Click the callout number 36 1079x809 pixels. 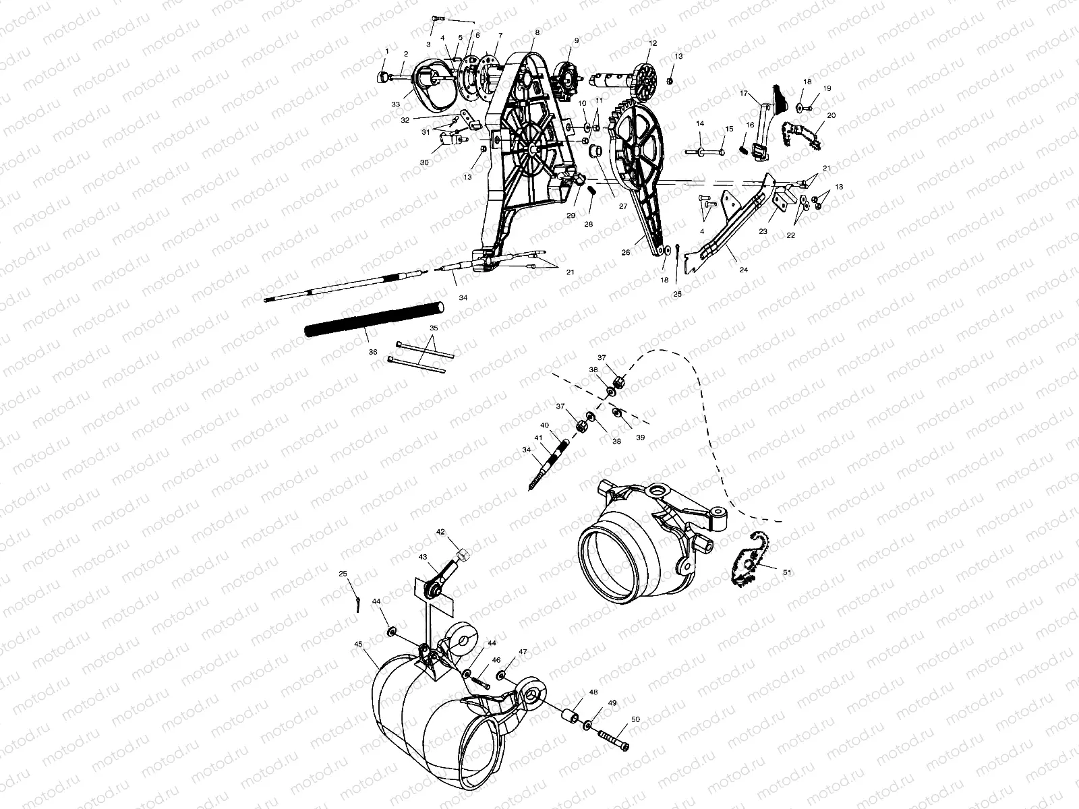coord(372,352)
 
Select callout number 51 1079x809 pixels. coord(788,572)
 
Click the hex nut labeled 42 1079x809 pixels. coord(463,556)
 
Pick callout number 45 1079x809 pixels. coord(357,643)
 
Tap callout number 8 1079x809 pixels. coord(537,32)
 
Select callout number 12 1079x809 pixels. coord(652,43)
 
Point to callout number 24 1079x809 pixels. coord(744,269)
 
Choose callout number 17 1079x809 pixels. coord(744,94)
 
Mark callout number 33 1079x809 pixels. coord(396,104)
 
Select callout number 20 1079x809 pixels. coord(831,115)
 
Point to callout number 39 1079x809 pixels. coord(640,438)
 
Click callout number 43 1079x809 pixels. coord(423,557)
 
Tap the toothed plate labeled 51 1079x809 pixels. coord(749,560)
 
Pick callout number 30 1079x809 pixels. coord(442,162)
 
